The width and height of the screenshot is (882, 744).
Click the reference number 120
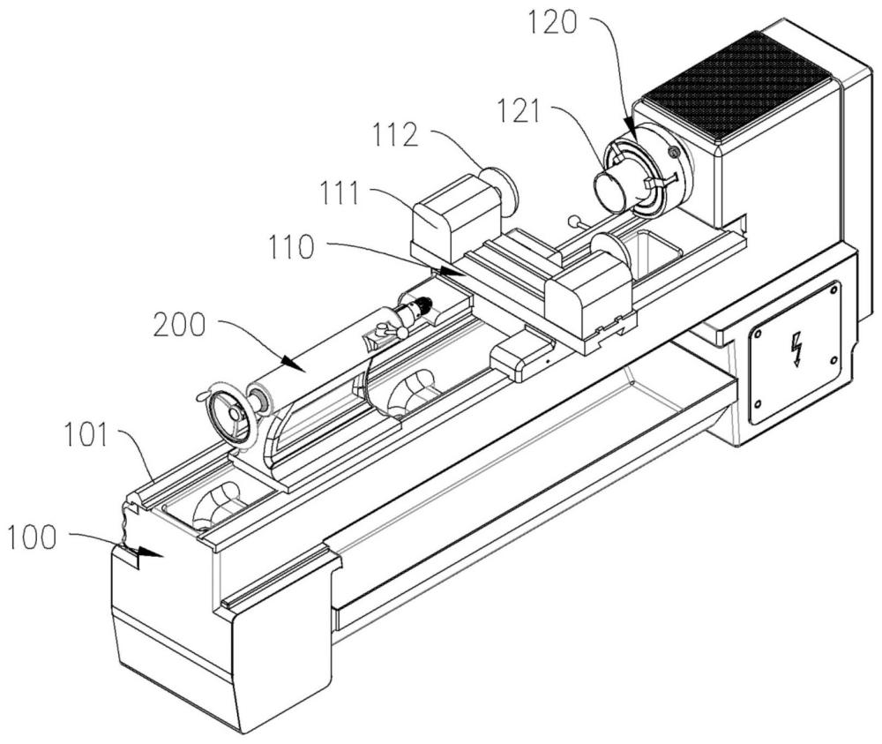click(552, 23)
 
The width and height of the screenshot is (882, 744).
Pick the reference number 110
click(291, 246)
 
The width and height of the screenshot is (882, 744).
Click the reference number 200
click(179, 325)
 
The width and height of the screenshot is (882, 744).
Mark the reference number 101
click(86, 436)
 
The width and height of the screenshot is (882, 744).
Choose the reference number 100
click(32, 537)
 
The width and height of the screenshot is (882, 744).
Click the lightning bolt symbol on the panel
click(796, 349)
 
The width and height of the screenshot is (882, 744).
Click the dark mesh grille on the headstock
click(736, 86)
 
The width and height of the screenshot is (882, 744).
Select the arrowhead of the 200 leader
click(293, 364)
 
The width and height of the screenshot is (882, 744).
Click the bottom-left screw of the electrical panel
click(758, 403)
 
